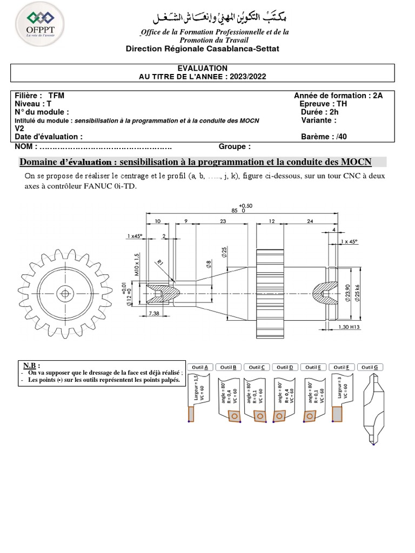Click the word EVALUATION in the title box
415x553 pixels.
pyautogui.click(x=203, y=68)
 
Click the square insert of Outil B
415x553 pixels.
pyautogui.click(x=233, y=416)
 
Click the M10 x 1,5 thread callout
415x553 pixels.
pyautogui.click(x=137, y=265)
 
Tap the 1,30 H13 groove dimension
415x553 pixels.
pyautogui.click(x=349, y=327)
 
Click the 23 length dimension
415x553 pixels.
pyautogui.click(x=223, y=221)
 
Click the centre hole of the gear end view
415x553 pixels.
pyautogui.click(x=65, y=293)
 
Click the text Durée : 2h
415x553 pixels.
pyautogui.click(x=319, y=112)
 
